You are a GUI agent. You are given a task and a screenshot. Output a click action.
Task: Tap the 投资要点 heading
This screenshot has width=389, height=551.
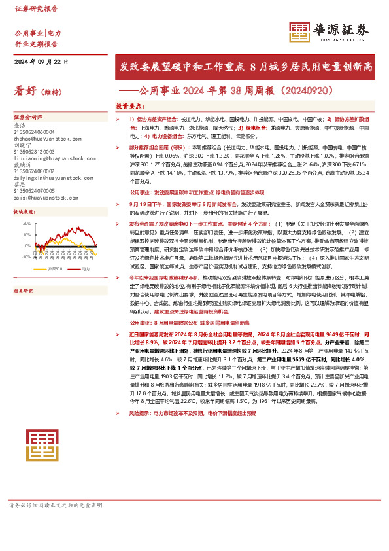click(129, 105)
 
